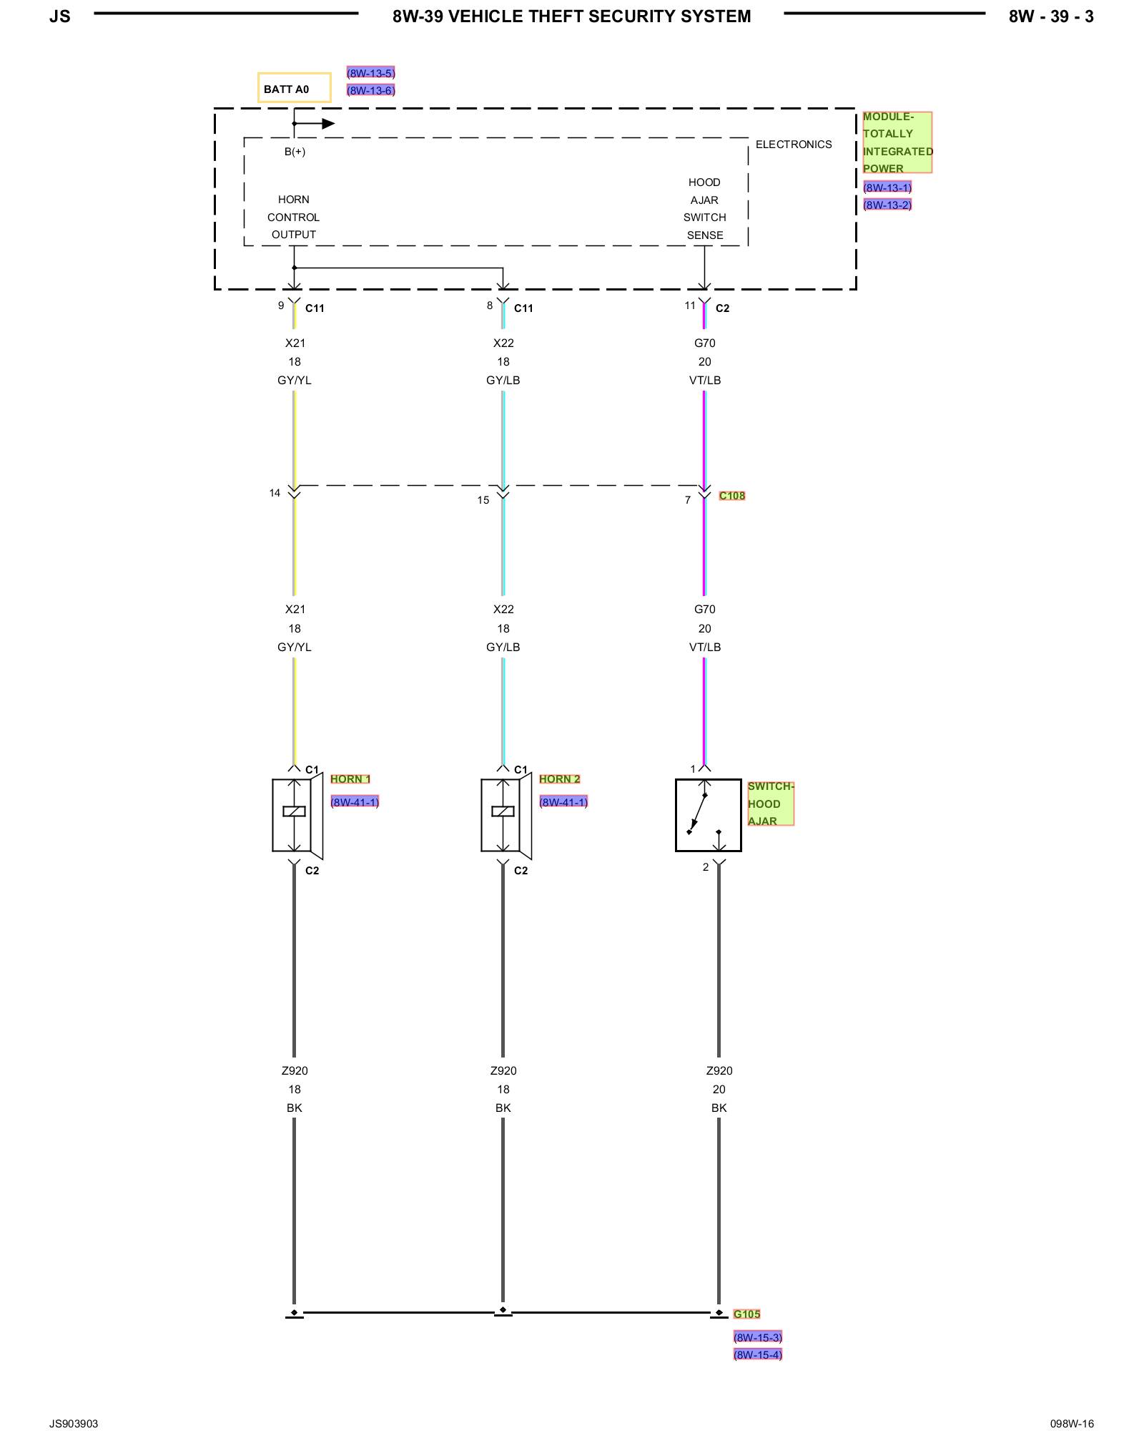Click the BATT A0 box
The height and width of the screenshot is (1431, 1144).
point(294,88)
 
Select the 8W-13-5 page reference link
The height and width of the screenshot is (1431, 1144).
point(370,73)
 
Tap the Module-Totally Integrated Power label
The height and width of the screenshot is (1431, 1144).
point(897,142)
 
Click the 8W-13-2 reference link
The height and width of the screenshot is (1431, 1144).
point(887,205)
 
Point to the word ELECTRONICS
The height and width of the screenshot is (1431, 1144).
point(794,145)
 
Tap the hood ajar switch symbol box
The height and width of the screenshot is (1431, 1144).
point(708,815)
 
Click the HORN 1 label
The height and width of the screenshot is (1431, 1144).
point(350,779)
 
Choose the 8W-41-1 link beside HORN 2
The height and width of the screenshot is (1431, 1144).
point(563,802)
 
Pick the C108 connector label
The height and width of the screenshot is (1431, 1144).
point(732,495)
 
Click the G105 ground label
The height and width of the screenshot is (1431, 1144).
point(747,1314)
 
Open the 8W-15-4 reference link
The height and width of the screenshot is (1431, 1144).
point(758,1354)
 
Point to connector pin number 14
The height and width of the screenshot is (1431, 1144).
point(275,493)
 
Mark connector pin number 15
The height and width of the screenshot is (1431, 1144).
point(483,500)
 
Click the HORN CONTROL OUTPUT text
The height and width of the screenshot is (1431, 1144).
point(293,217)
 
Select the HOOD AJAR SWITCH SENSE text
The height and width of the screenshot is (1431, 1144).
point(704,209)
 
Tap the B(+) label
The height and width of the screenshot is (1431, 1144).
point(295,152)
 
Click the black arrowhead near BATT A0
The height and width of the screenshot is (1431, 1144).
point(328,124)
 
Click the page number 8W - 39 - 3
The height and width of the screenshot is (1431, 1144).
point(1050,16)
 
